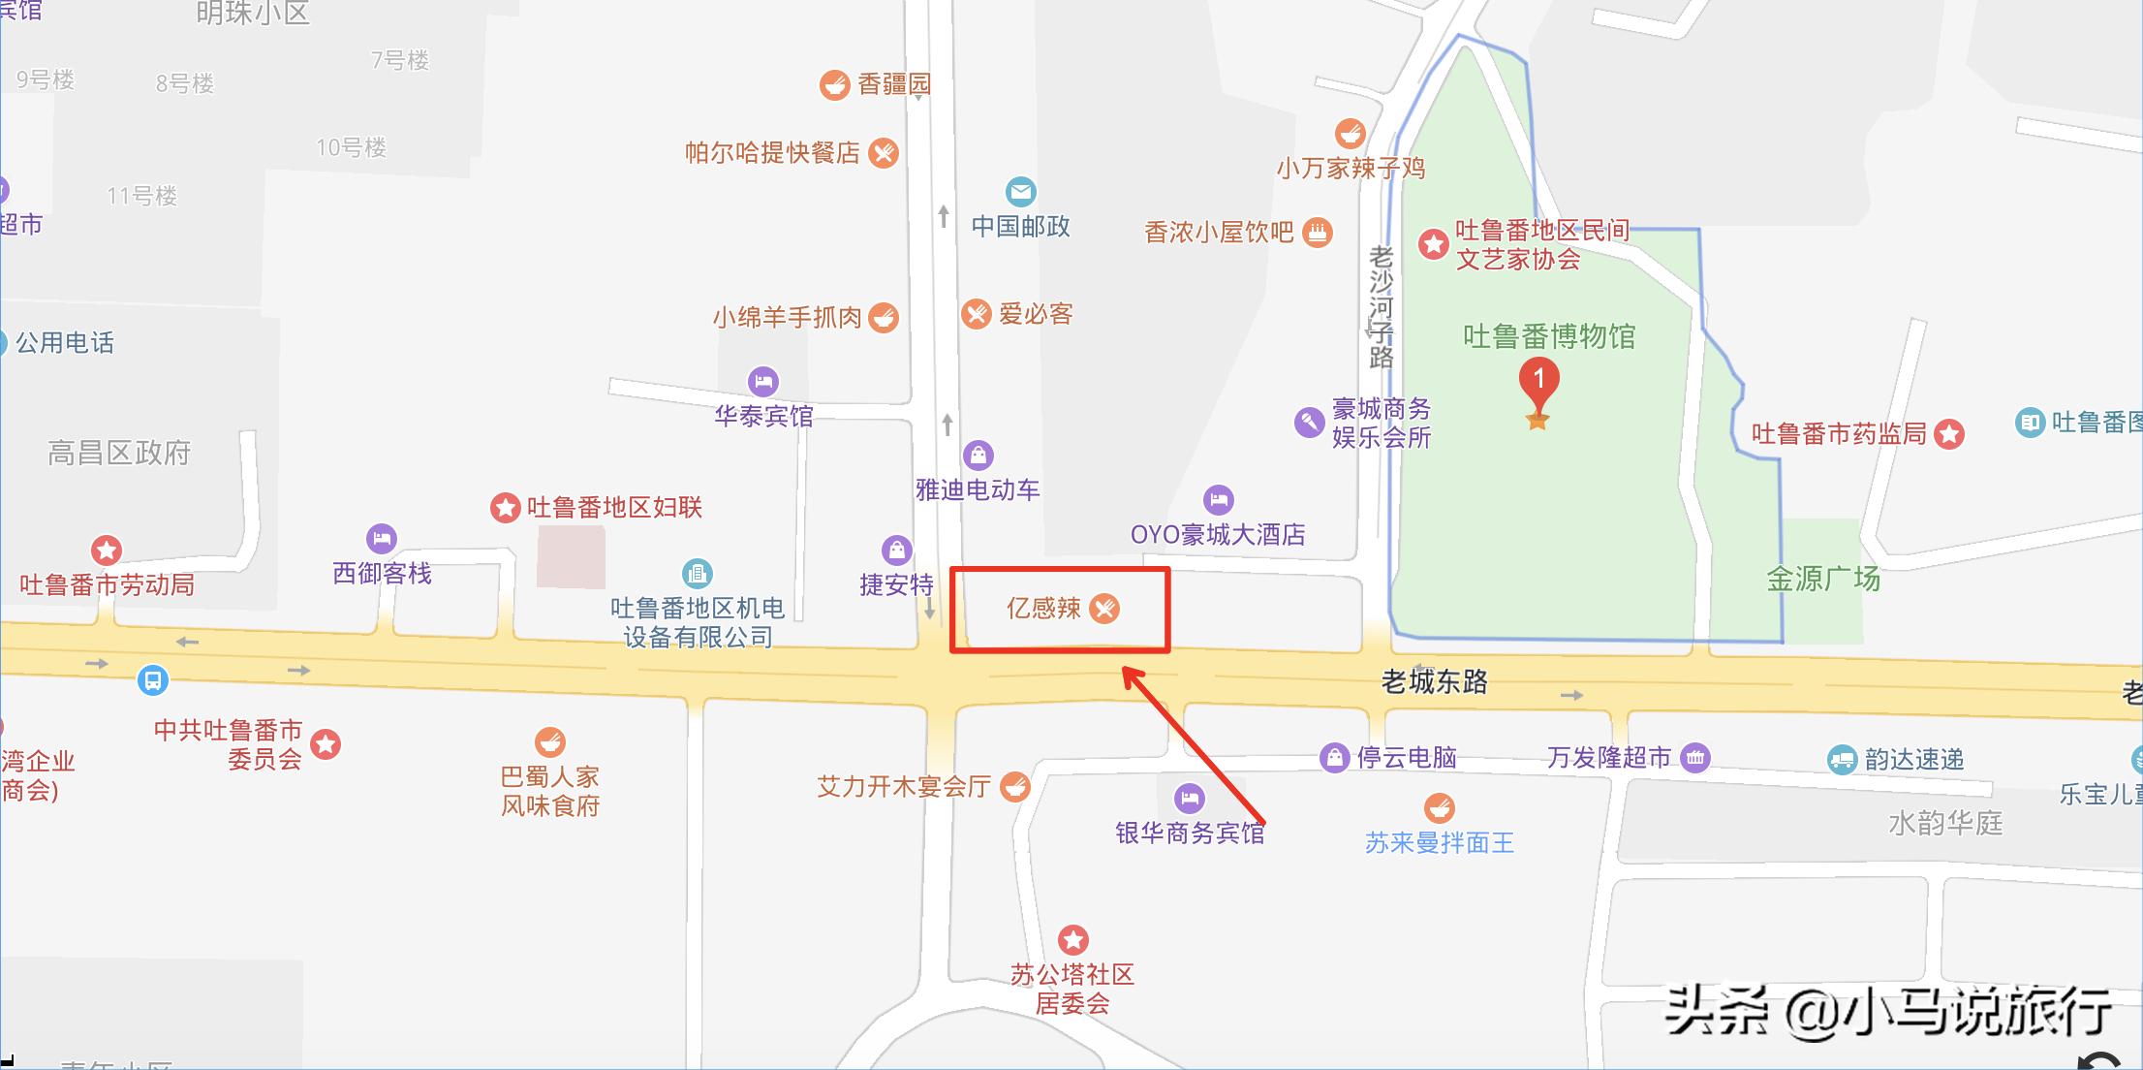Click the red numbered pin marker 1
(x=1538, y=381)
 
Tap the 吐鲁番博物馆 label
(x=1548, y=336)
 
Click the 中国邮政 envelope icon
(x=1020, y=192)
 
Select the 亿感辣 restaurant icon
(x=1103, y=608)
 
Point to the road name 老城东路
(x=1434, y=681)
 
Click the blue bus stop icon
(x=152, y=679)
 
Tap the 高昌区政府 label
(x=119, y=453)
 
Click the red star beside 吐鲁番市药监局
(x=1949, y=434)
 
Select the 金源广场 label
(x=1822, y=579)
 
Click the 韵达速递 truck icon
(x=1842, y=759)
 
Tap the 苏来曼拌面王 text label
(x=1439, y=842)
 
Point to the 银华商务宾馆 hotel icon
(x=1189, y=799)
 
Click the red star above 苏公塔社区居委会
(x=1072, y=939)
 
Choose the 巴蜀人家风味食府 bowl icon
(x=550, y=743)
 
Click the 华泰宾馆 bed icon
(x=763, y=381)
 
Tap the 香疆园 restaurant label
(x=893, y=84)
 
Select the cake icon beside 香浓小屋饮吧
(x=1317, y=232)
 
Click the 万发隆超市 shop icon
(x=1694, y=757)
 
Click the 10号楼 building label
(x=351, y=147)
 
